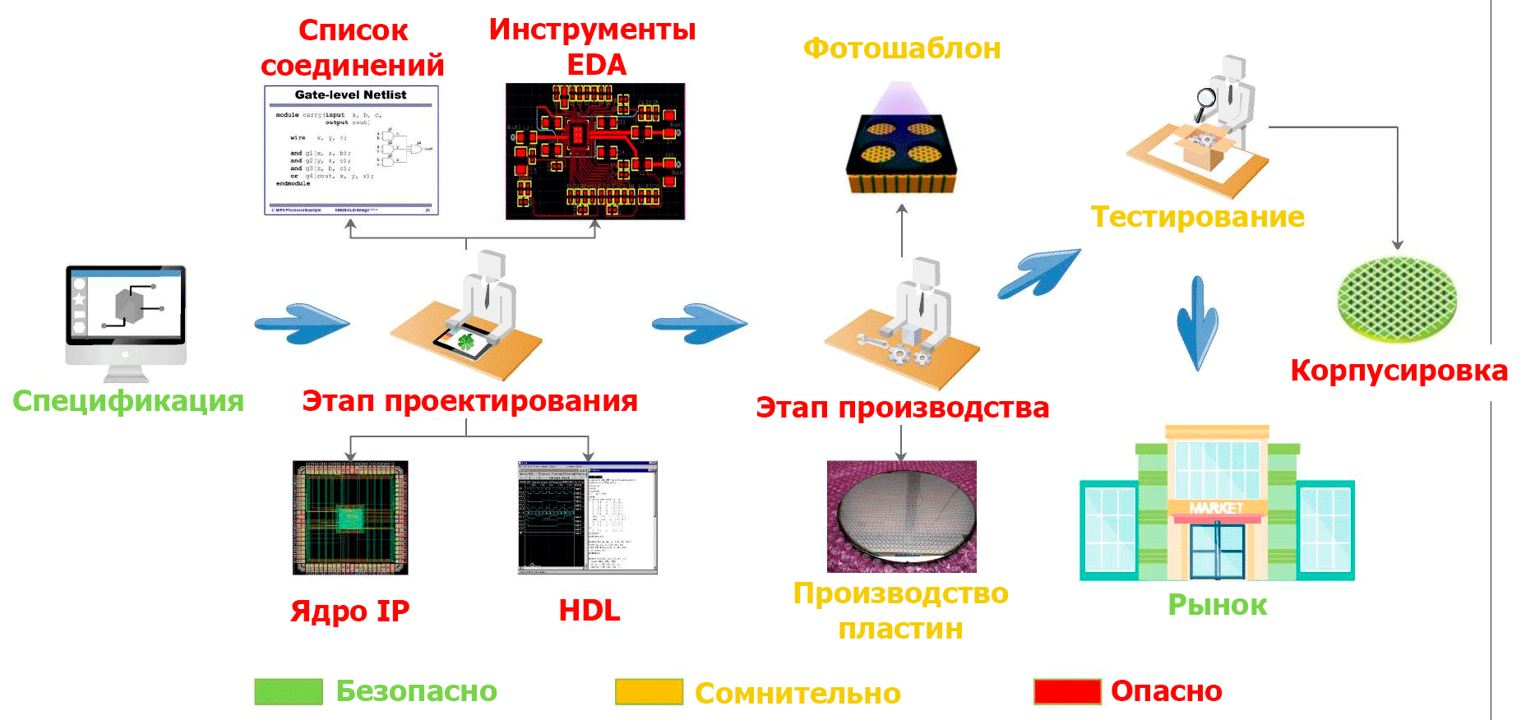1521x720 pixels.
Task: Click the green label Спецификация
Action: click(128, 401)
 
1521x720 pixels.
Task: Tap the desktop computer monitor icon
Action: click(126, 314)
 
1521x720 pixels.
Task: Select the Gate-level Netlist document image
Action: click(351, 150)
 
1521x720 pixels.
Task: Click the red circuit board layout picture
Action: click(595, 151)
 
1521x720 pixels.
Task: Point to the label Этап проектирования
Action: click(469, 401)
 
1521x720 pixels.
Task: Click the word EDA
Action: click(596, 65)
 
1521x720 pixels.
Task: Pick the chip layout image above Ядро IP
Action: click(350, 517)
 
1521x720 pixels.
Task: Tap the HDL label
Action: click(589, 611)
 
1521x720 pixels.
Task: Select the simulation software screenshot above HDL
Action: click(587, 517)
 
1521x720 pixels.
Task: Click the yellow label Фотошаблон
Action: click(902, 48)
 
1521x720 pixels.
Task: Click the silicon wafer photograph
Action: click(902, 516)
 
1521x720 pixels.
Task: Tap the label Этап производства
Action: click(902, 408)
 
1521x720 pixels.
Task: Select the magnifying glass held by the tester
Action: click(1205, 98)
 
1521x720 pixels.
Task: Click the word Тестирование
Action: click(1197, 217)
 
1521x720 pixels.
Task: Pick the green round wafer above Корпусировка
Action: click(1397, 298)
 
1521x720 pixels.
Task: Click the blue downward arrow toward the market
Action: click(1197, 322)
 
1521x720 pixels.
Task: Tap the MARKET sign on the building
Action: click(1217, 508)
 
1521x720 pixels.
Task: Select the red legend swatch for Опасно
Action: click(1067, 691)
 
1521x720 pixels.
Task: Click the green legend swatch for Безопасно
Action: click(288, 691)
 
